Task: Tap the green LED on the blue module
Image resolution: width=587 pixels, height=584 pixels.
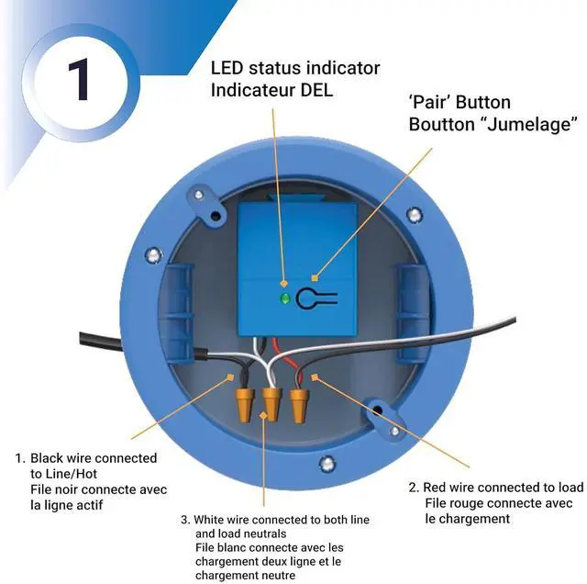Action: click(285, 298)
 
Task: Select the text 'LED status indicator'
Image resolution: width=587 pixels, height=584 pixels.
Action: click(294, 68)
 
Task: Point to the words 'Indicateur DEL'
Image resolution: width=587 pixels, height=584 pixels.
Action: click(273, 90)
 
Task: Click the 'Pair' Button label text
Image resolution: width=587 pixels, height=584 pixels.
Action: click(460, 102)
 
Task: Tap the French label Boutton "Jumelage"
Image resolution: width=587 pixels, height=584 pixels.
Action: click(493, 124)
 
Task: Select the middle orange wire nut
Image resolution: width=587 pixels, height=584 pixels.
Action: click(271, 402)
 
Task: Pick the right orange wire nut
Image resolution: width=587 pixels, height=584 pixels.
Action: click(298, 402)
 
